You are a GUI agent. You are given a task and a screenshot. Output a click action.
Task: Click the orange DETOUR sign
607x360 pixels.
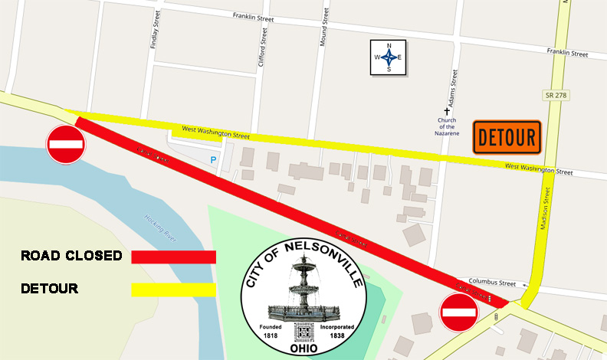(507, 137)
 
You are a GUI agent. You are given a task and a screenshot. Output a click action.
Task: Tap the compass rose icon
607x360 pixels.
(389, 57)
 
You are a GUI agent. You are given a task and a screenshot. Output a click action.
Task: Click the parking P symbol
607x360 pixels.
(213, 159)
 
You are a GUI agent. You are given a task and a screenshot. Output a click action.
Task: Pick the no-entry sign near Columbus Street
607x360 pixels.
(460, 313)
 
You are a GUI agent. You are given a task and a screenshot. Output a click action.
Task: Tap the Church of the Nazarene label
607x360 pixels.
(448, 126)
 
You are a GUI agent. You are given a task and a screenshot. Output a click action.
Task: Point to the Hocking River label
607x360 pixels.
(161, 227)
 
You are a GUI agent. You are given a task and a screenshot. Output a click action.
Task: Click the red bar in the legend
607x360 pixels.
(173, 257)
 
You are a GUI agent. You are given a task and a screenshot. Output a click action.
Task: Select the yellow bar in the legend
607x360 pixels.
(173, 290)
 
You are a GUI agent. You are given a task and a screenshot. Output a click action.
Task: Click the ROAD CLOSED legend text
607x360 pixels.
(71, 256)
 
